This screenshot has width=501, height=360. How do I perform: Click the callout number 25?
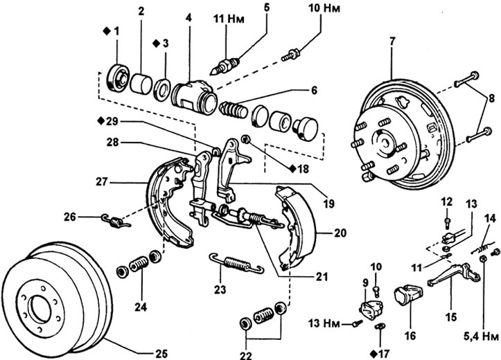click(x=161, y=352)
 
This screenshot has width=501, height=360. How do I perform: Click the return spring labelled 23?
click(x=236, y=264)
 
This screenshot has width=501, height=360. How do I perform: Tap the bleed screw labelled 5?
click(x=226, y=66)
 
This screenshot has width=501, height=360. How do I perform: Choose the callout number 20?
click(x=340, y=233)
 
